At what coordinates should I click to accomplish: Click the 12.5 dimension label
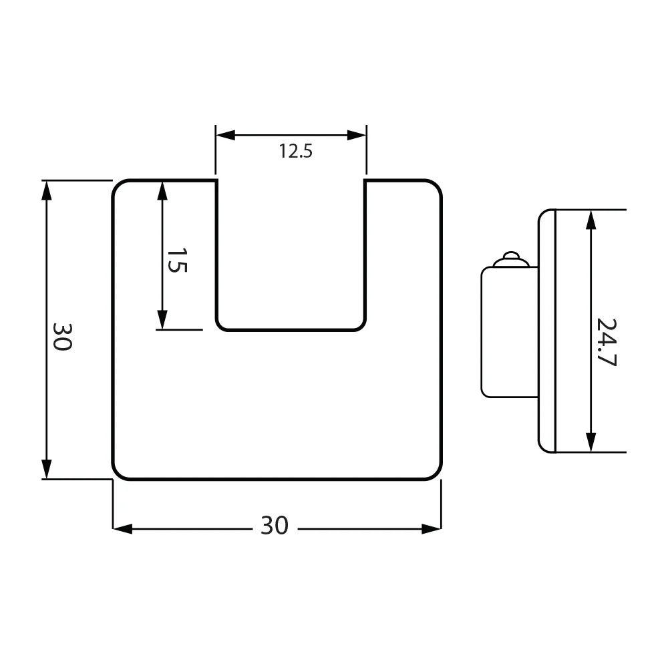coord(296,151)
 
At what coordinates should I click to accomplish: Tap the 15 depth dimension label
coord(176,261)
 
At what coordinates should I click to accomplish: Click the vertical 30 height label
coord(61,337)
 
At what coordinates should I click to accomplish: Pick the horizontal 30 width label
coord(275,526)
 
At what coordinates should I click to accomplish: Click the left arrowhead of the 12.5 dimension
coord(225,136)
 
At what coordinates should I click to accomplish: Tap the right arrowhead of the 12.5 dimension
coord(357,136)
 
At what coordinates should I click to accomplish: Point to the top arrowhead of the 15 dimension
coord(162,190)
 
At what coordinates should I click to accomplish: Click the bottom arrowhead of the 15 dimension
coord(162,319)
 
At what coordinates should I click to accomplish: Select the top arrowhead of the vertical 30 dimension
coord(47,190)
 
